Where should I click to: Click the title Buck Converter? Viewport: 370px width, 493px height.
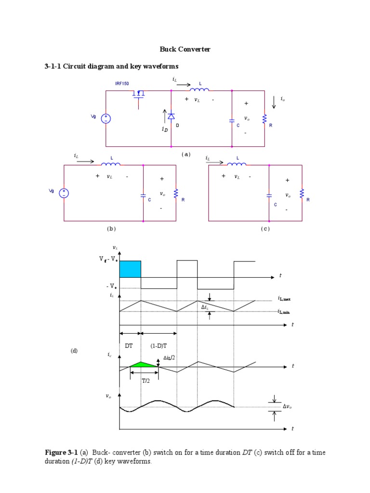(185, 50)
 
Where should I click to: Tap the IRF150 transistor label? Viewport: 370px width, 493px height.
(122, 84)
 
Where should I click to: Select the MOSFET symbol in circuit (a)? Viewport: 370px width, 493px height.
(139, 94)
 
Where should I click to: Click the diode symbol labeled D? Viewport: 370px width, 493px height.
(171, 116)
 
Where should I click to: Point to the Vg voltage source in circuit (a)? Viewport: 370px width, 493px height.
(106, 118)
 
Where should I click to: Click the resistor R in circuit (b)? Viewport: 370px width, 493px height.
(176, 193)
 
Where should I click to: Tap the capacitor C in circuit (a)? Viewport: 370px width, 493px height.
(232, 120)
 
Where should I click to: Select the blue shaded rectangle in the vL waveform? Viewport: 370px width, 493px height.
(130, 269)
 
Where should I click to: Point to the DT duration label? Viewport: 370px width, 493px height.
(129, 346)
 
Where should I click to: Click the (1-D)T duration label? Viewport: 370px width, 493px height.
(158, 346)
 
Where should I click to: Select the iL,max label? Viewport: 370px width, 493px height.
(284, 299)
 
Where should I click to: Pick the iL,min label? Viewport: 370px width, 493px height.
(284, 312)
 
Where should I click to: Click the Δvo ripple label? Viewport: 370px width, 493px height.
(287, 407)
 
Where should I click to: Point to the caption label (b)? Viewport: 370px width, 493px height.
(111, 229)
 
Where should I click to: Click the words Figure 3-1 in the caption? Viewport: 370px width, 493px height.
(61, 453)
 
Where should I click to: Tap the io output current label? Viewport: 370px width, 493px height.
(283, 98)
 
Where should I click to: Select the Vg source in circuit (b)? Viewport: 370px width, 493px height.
(64, 193)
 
